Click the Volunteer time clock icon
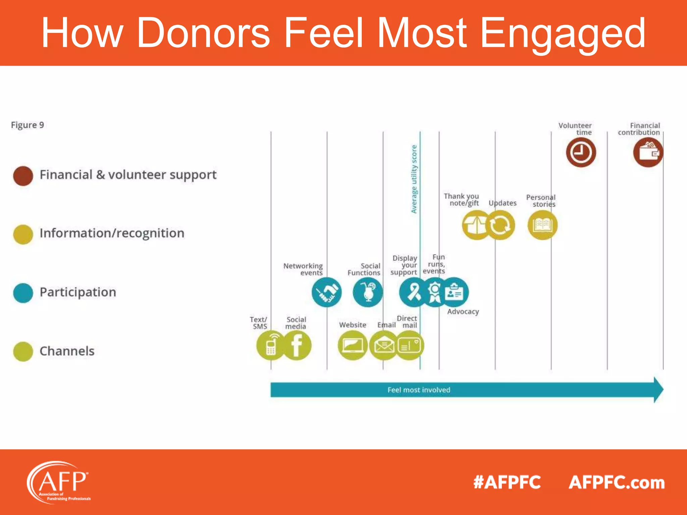click(581, 152)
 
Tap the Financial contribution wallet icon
click(648, 152)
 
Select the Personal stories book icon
click(542, 225)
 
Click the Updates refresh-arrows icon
click(500, 225)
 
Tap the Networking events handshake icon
click(326, 292)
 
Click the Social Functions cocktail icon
click(368, 292)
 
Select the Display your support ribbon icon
click(413, 292)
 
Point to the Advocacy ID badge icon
click(455, 292)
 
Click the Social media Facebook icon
click(297, 345)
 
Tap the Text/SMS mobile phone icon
click(270, 345)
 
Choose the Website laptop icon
click(353, 345)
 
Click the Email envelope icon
click(384, 345)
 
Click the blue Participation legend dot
click(23, 293)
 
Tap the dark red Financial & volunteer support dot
click(23, 176)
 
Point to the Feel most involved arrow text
click(419, 390)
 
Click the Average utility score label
click(414, 179)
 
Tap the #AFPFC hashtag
click(507, 482)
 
